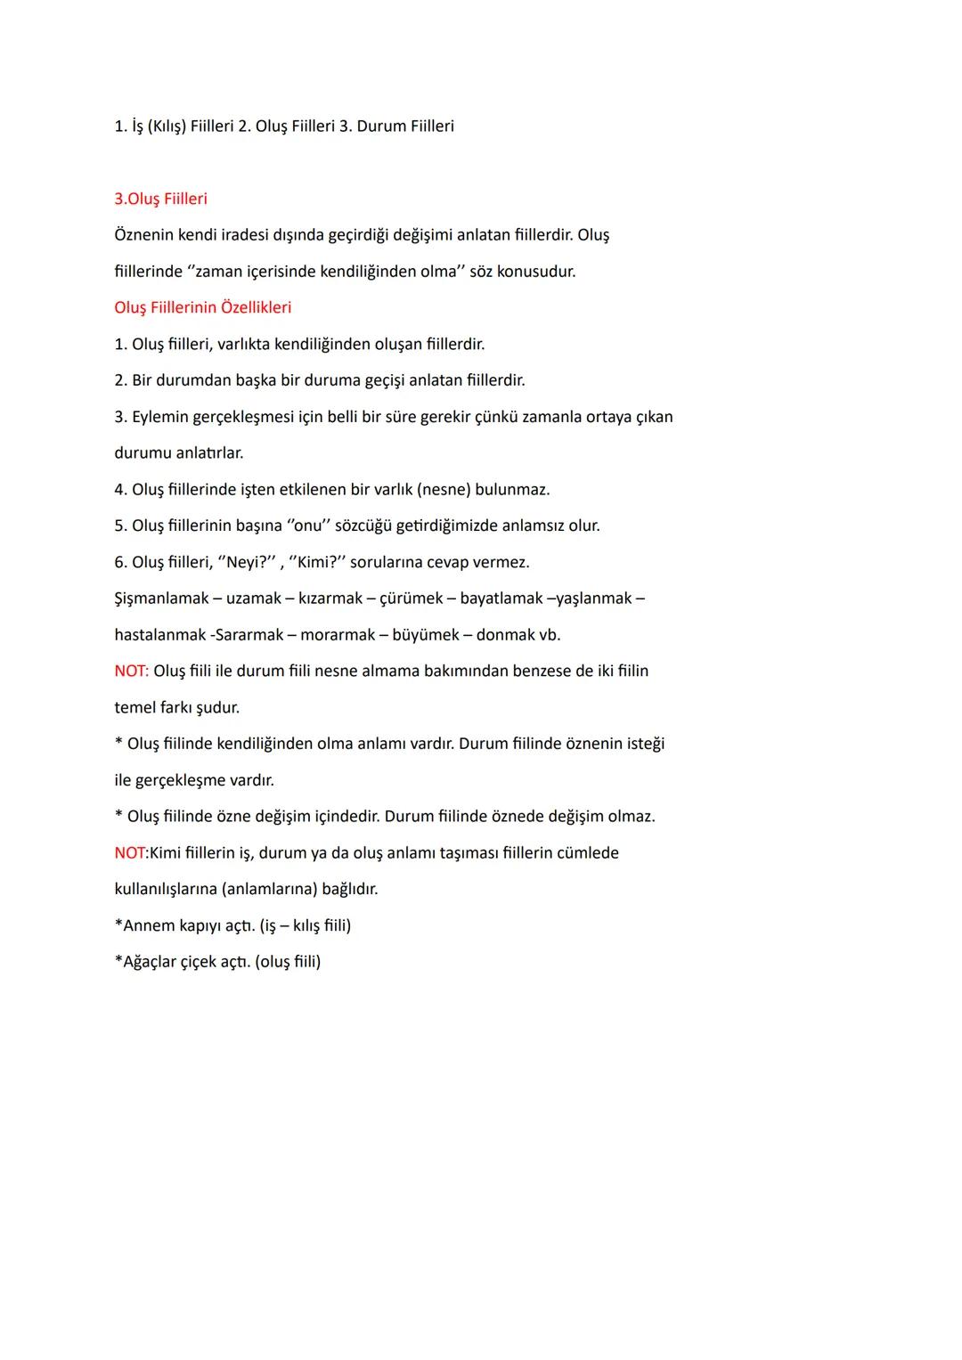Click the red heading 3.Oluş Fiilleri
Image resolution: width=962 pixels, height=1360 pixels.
point(160,199)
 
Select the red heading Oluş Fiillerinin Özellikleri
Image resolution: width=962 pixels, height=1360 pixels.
point(202,307)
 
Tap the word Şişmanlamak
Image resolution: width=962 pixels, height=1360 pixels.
point(161,599)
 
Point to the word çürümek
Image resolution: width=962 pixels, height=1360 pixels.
point(411,599)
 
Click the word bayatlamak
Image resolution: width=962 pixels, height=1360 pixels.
point(501,599)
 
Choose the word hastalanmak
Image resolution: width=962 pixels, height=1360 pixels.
point(159,635)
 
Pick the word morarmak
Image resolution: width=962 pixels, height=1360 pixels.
point(337,635)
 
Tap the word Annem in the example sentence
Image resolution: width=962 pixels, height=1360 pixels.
point(148,925)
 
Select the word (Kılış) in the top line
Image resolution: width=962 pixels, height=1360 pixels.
point(167,126)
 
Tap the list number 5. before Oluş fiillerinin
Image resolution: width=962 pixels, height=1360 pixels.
point(120,525)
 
